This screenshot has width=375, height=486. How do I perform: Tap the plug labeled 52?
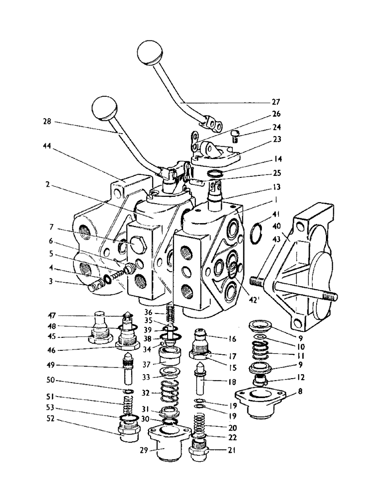click(128, 430)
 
